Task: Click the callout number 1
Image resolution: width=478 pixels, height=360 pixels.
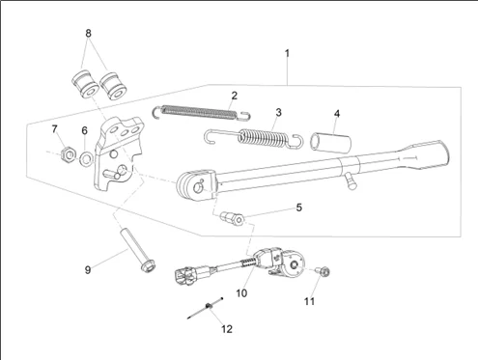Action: pos(287,53)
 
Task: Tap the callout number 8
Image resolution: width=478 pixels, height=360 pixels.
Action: pos(88,33)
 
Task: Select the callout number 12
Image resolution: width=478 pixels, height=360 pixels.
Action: pos(227,329)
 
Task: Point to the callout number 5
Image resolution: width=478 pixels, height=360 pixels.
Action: pos(299,208)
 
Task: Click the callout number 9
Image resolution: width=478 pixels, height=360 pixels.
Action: pos(88,269)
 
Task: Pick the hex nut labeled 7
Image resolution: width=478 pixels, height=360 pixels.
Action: pos(69,154)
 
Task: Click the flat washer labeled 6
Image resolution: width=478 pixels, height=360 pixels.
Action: pos(86,158)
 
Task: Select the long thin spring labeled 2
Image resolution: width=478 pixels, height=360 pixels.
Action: pos(201,112)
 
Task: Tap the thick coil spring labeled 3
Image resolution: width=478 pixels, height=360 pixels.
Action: pos(254,138)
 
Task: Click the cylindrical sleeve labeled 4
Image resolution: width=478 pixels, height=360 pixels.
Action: pos(330,143)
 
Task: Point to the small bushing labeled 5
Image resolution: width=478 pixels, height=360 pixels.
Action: pos(232,218)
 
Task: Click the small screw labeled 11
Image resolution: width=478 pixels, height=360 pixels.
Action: pos(323,272)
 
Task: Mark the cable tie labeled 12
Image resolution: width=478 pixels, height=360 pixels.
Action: pos(206,308)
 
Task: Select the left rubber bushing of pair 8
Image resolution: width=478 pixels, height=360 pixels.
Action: pos(85,84)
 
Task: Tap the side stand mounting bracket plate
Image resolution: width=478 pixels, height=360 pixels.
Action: pos(118,154)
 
